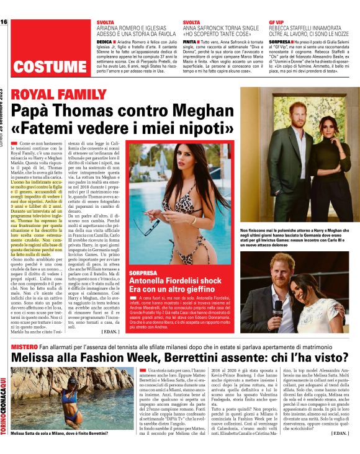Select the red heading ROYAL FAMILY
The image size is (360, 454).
[56, 94]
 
